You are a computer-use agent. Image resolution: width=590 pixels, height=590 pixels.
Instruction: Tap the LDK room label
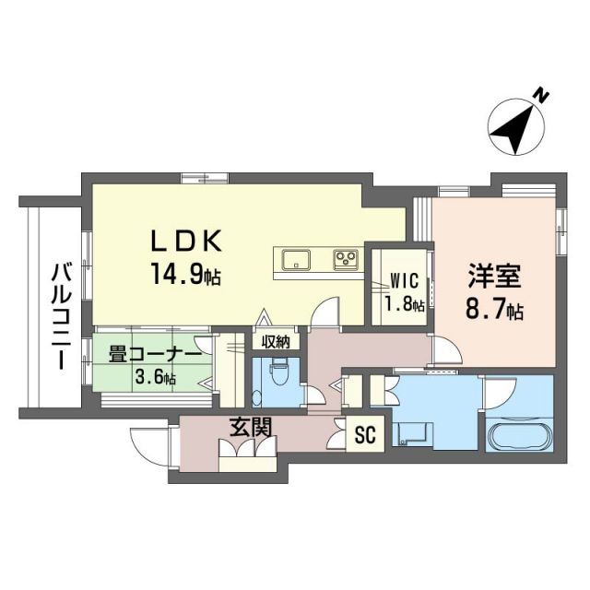(187, 241)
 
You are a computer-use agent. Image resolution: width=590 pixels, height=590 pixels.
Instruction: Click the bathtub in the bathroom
(518, 435)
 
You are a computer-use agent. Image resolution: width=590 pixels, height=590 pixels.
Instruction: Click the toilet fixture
(276, 380)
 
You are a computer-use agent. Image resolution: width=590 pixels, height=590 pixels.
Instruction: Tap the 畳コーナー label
(155, 354)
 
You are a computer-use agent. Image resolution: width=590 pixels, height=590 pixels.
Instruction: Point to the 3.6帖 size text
(155, 377)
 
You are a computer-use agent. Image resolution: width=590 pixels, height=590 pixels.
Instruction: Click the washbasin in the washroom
(411, 433)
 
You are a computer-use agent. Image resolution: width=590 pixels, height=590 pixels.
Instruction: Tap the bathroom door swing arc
(498, 391)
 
